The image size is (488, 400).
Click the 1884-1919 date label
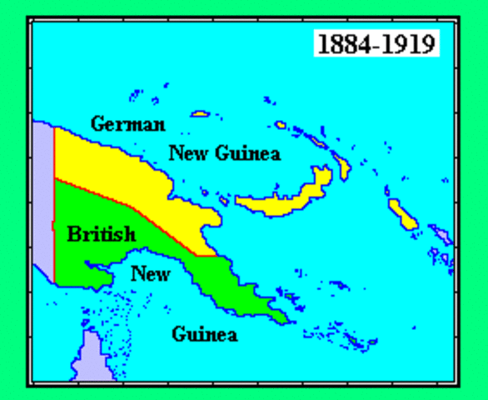tap(376, 42)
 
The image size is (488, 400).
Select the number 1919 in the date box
tap(408, 42)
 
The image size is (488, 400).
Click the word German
tap(127, 125)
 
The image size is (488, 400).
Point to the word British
tap(101, 234)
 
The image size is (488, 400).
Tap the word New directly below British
tap(151, 274)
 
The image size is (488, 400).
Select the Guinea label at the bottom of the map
tap(205, 335)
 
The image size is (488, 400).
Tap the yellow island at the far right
tap(403, 214)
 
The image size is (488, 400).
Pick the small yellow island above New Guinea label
tap(200, 114)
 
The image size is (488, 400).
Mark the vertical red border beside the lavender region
tap(54, 208)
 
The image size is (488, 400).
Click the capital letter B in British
tap(74, 234)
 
